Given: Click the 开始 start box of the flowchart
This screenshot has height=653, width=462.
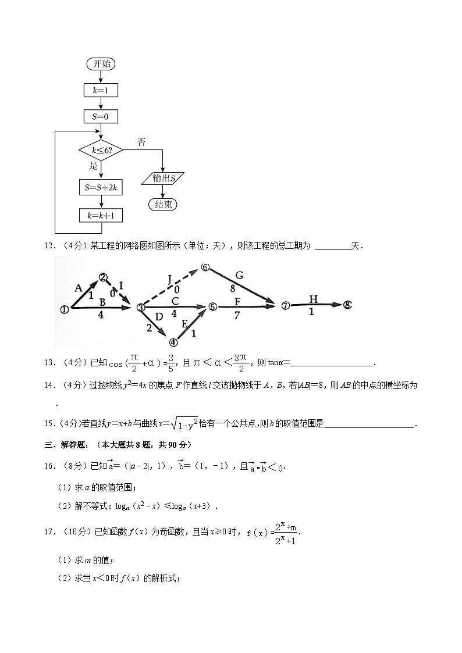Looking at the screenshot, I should click(101, 63).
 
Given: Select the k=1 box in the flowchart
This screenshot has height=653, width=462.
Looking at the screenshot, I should click(101, 90).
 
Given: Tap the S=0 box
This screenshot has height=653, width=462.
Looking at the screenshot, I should click(101, 117).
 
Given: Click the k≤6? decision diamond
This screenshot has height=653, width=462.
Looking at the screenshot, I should click(101, 151).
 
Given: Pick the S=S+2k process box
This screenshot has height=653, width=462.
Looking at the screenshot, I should click(101, 187).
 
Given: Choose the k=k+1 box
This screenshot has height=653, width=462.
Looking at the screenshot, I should click(101, 216).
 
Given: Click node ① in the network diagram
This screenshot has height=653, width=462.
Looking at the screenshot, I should click(64, 310).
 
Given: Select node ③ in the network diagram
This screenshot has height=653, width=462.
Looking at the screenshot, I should click(140, 308).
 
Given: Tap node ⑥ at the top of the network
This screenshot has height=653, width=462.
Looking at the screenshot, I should click(205, 267).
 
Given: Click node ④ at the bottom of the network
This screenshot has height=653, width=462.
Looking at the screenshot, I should click(173, 342).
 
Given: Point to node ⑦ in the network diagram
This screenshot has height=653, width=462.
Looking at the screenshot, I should click(285, 306).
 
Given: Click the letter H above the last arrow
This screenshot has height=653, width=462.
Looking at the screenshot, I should click(314, 299).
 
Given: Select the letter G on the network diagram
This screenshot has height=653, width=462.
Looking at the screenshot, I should click(239, 275).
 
